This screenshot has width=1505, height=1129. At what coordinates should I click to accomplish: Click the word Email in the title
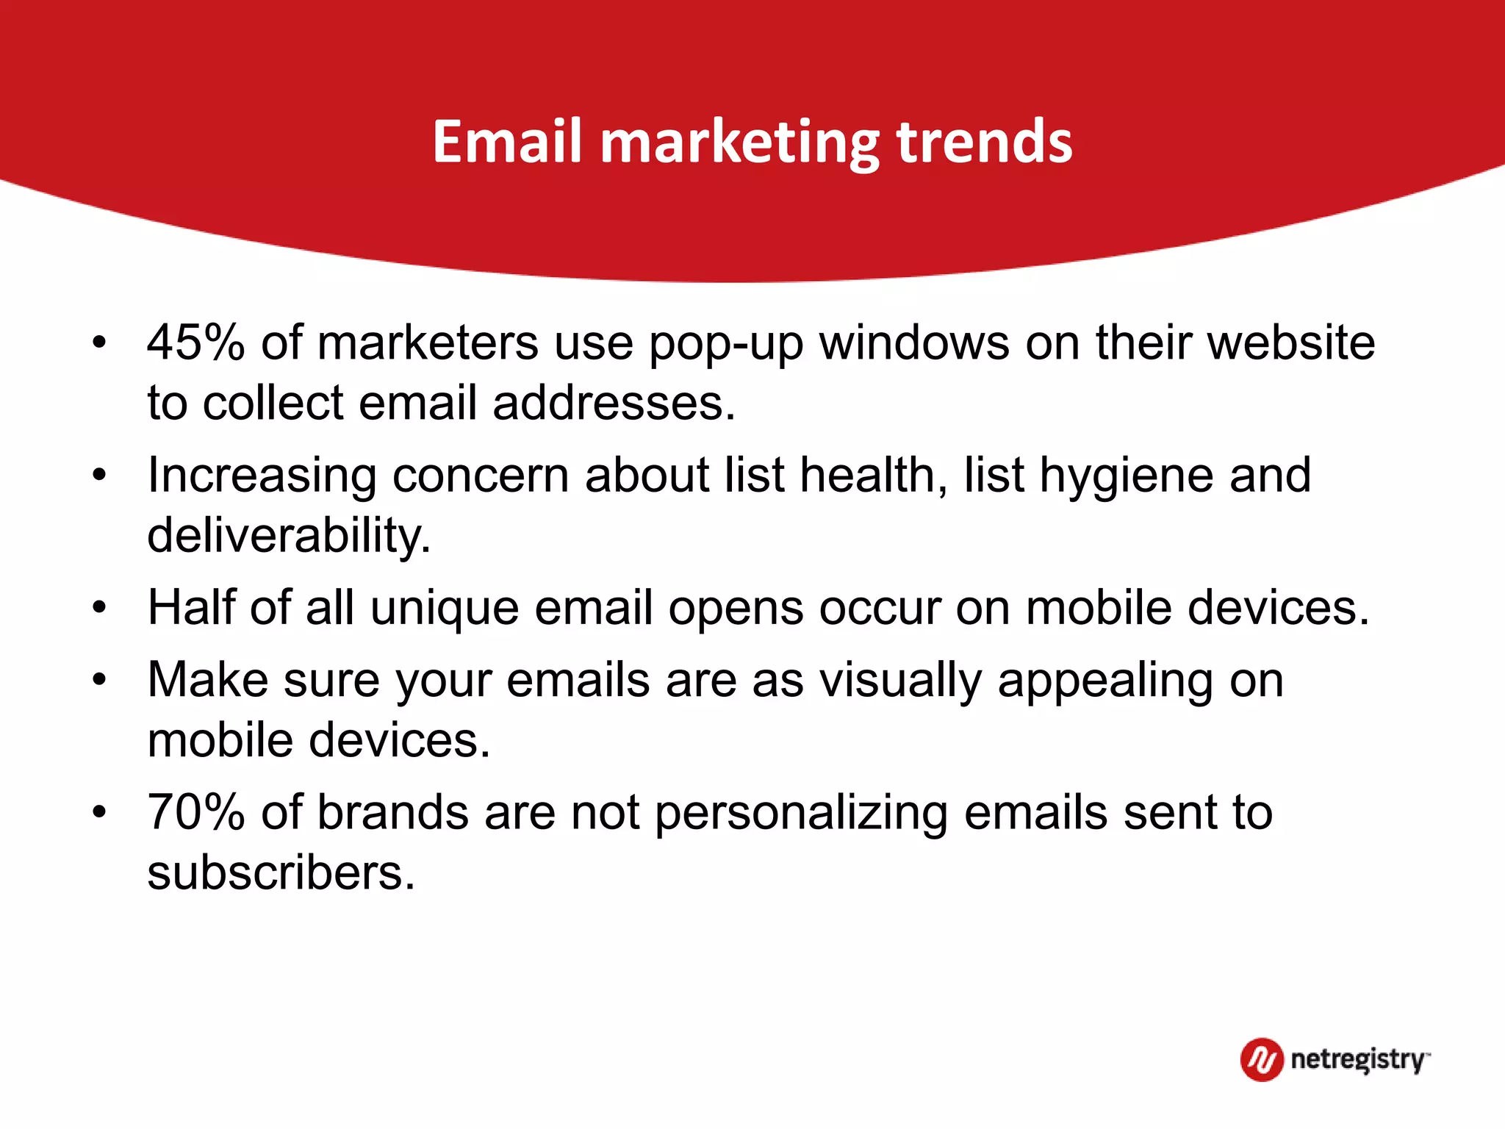tap(507, 141)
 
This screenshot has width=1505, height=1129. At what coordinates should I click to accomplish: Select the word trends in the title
tap(984, 141)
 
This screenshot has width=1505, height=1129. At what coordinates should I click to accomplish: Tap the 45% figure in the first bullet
tap(195, 343)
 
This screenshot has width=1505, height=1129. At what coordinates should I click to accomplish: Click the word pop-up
tap(726, 344)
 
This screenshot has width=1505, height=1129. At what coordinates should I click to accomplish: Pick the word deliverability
tap(289, 535)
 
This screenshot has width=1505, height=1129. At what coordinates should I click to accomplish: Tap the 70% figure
tap(195, 813)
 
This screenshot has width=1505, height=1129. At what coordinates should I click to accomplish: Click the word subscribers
tap(281, 873)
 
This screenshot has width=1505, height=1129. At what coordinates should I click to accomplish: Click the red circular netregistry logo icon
tap(1261, 1060)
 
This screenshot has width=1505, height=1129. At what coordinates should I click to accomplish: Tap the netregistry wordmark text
tap(1358, 1060)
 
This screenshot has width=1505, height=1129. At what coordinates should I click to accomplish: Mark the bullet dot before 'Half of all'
tap(100, 608)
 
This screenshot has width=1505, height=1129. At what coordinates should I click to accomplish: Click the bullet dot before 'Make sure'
tap(100, 680)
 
